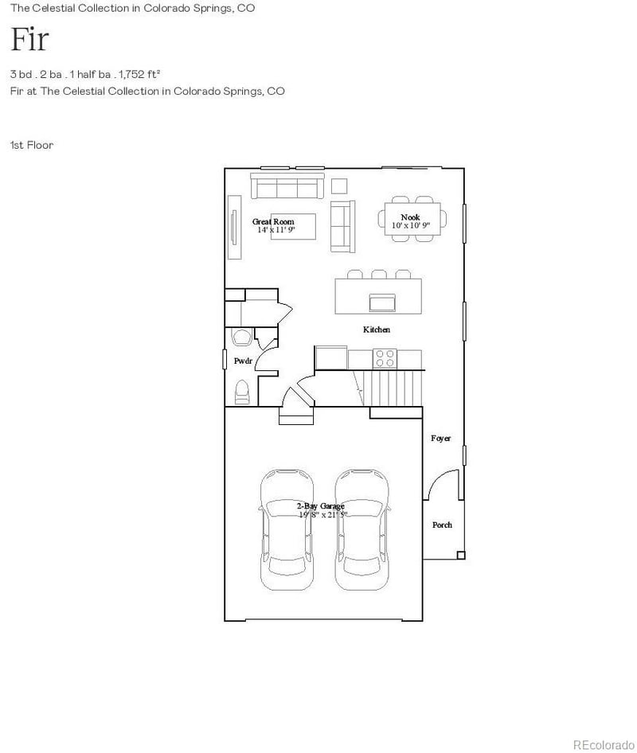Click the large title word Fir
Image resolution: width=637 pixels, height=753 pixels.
pos(29,39)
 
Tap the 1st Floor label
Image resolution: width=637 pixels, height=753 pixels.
pos(32,145)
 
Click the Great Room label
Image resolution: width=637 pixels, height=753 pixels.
pos(273,221)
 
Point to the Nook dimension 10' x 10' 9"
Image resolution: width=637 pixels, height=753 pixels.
pos(410,226)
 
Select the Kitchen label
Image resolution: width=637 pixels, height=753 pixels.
pos(377,330)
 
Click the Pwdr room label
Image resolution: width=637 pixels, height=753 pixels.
pos(243,361)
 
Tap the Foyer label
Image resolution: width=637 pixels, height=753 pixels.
pos(440,439)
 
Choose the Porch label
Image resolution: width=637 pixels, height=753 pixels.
pos(442,525)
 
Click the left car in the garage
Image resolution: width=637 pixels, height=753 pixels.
pos(286,529)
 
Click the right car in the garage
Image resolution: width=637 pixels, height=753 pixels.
pos(361,529)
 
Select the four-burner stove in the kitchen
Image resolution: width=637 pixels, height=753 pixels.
pos(385,359)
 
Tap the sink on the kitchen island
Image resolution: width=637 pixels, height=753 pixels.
pos(381,302)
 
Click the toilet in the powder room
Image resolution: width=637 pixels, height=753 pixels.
pos(243,392)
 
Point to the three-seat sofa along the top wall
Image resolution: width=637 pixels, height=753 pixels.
pos(285,187)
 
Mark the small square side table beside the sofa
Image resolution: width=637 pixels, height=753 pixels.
pos(340,186)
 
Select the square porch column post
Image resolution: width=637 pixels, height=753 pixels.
pos(459,555)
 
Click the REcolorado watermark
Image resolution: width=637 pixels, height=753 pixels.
pos(604,743)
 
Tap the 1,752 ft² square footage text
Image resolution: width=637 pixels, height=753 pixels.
pos(140,74)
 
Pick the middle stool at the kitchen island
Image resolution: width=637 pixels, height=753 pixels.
pos(380,275)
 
